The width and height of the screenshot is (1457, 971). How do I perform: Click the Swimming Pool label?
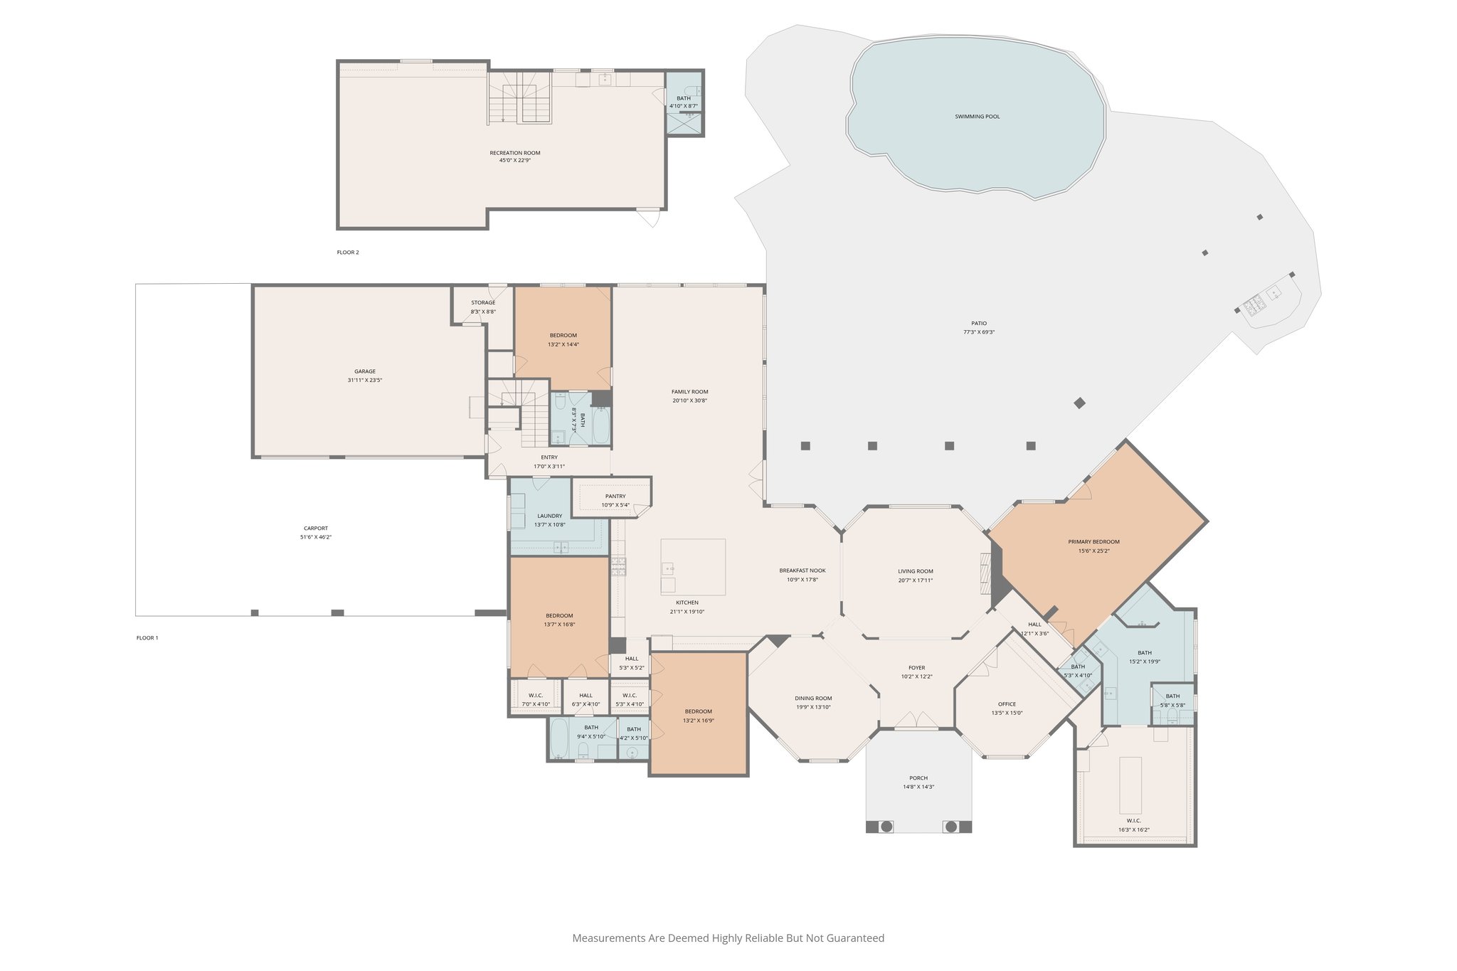point(977,117)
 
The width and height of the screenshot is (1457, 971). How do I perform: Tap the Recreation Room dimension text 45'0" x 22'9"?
point(514,161)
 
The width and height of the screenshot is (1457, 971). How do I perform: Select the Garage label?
point(365,371)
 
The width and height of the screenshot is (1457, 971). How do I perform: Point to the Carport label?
point(316,529)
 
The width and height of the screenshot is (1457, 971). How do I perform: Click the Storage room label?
point(483,303)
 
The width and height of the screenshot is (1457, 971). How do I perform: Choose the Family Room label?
point(689,392)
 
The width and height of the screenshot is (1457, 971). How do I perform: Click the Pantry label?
point(615,497)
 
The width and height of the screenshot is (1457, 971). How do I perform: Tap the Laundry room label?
point(549,516)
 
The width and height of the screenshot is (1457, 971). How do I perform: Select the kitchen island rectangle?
point(693,567)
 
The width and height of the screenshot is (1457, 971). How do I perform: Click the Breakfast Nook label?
point(802,571)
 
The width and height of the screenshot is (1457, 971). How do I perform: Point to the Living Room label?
point(915,571)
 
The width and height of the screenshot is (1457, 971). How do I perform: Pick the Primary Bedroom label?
point(1093,542)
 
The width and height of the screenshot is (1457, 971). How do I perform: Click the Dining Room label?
point(813,699)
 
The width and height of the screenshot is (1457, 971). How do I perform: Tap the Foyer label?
point(916,668)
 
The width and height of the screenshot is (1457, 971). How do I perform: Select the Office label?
point(1007,704)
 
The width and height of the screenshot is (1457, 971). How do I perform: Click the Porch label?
point(918,778)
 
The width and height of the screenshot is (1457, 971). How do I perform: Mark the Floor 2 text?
point(348,253)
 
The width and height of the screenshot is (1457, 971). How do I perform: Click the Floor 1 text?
point(147,638)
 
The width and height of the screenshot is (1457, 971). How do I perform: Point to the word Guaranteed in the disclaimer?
point(856,938)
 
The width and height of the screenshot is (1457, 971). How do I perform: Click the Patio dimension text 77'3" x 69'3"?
point(979,332)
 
